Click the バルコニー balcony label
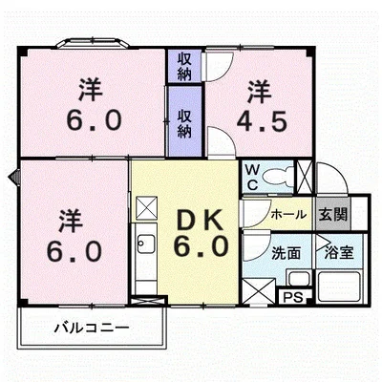(90, 328)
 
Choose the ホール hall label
(289, 214)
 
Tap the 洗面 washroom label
(286, 253)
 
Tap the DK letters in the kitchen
(202, 219)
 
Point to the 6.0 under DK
(202, 246)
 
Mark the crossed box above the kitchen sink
(145, 206)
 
